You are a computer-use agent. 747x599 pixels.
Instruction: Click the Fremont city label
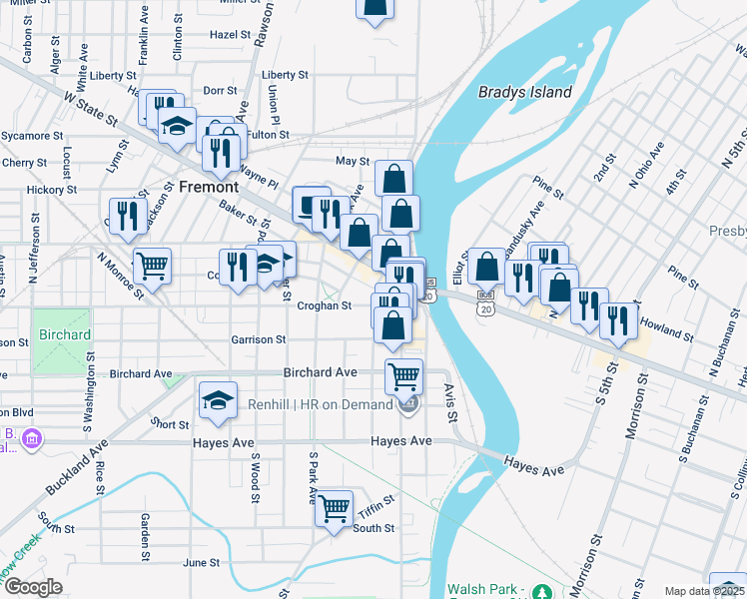coord(209,187)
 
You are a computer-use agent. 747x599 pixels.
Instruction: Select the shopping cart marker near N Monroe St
coord(152,267)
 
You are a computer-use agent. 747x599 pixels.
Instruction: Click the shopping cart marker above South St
coord(335,507)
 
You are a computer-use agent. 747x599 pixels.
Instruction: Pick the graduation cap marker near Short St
coord(218,401)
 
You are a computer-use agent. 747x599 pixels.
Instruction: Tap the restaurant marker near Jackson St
coord(126,217)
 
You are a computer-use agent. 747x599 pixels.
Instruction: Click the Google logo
coord(32,588)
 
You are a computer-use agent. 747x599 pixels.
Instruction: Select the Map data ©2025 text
coord(703,591)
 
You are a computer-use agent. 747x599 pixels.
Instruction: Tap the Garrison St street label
coord(259,340)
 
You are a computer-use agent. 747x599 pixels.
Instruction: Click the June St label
coord(201,563)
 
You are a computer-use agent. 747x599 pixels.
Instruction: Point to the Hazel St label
coord(230,34)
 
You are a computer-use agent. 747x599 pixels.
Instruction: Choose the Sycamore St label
coord(32,135)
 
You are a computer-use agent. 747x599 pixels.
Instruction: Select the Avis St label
coord(451,403)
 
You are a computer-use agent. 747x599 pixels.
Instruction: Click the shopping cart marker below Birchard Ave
coord(403,376)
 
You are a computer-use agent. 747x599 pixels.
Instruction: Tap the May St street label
coord(353,161)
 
